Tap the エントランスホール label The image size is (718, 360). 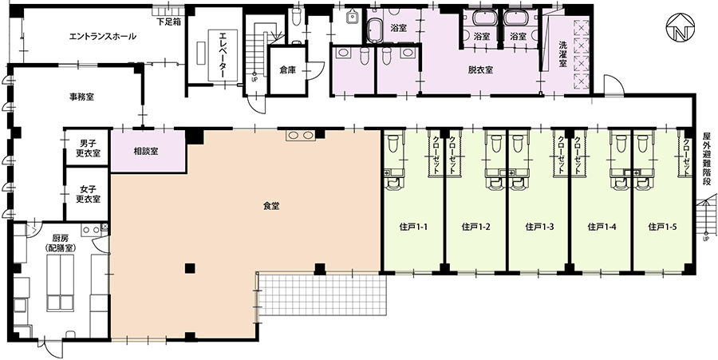coord(103,36)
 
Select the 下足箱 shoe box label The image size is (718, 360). coord(168,22)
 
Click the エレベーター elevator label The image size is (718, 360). coord(223,55)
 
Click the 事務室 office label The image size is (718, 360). coord(81,97)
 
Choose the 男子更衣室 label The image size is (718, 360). coord(88,148)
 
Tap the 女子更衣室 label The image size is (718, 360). coord(88,195)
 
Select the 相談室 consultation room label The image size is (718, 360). coord(146,151)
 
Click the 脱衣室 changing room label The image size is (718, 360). coord(480,70)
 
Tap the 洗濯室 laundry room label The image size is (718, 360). coord(563,55)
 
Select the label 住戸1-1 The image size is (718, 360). coord(413,226)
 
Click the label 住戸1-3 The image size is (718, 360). coord(540,226)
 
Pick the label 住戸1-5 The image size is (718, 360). coord(663,226)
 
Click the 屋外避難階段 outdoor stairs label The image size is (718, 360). coord(707,159)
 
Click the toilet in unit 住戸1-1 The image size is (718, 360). coord(393,143)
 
